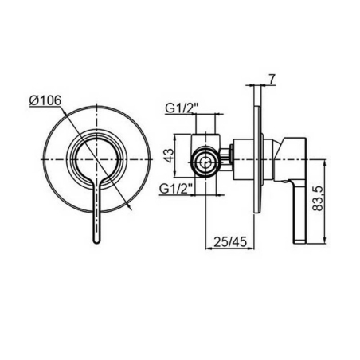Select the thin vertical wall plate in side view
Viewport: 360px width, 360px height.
[x=256, y=159]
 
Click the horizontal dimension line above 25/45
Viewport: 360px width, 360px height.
[x=231, y=249]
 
